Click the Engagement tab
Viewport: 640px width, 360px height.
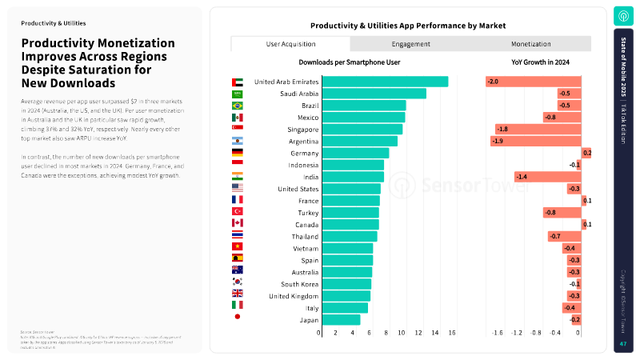(411, 44)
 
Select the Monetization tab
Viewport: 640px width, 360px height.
(531, 44)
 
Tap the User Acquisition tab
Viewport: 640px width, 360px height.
(290, 44)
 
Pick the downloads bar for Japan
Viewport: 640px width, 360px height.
(340, 319)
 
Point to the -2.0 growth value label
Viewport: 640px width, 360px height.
(493, 82)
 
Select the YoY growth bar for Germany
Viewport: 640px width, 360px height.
(586, 153)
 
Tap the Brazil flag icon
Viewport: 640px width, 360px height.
(237, 106)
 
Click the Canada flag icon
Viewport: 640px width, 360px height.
(237, 224)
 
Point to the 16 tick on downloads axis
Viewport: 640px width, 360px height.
(453, 332)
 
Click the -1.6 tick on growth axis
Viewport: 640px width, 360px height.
(497, 332)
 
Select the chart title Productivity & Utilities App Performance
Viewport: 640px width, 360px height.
(408, 26)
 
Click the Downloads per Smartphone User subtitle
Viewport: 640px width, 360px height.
(350, 61)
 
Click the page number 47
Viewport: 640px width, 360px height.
(623, 344)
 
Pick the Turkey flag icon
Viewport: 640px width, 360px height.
(237, 212)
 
